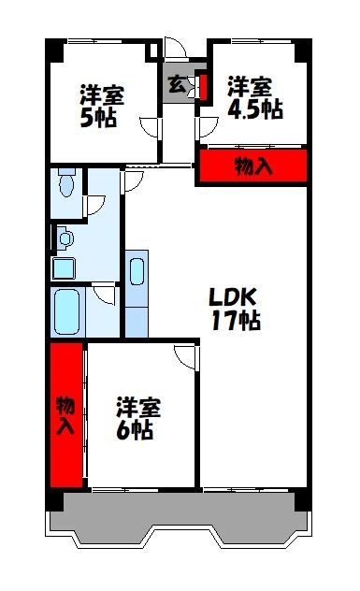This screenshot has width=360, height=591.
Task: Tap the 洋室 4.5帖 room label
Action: (255, 97)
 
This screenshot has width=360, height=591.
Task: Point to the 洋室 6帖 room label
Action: (138, 419)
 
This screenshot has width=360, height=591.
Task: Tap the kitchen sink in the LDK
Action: (137, 271)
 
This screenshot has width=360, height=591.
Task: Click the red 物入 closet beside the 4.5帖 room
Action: (252, 166)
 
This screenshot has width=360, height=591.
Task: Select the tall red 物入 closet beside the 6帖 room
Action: (65, 415)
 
